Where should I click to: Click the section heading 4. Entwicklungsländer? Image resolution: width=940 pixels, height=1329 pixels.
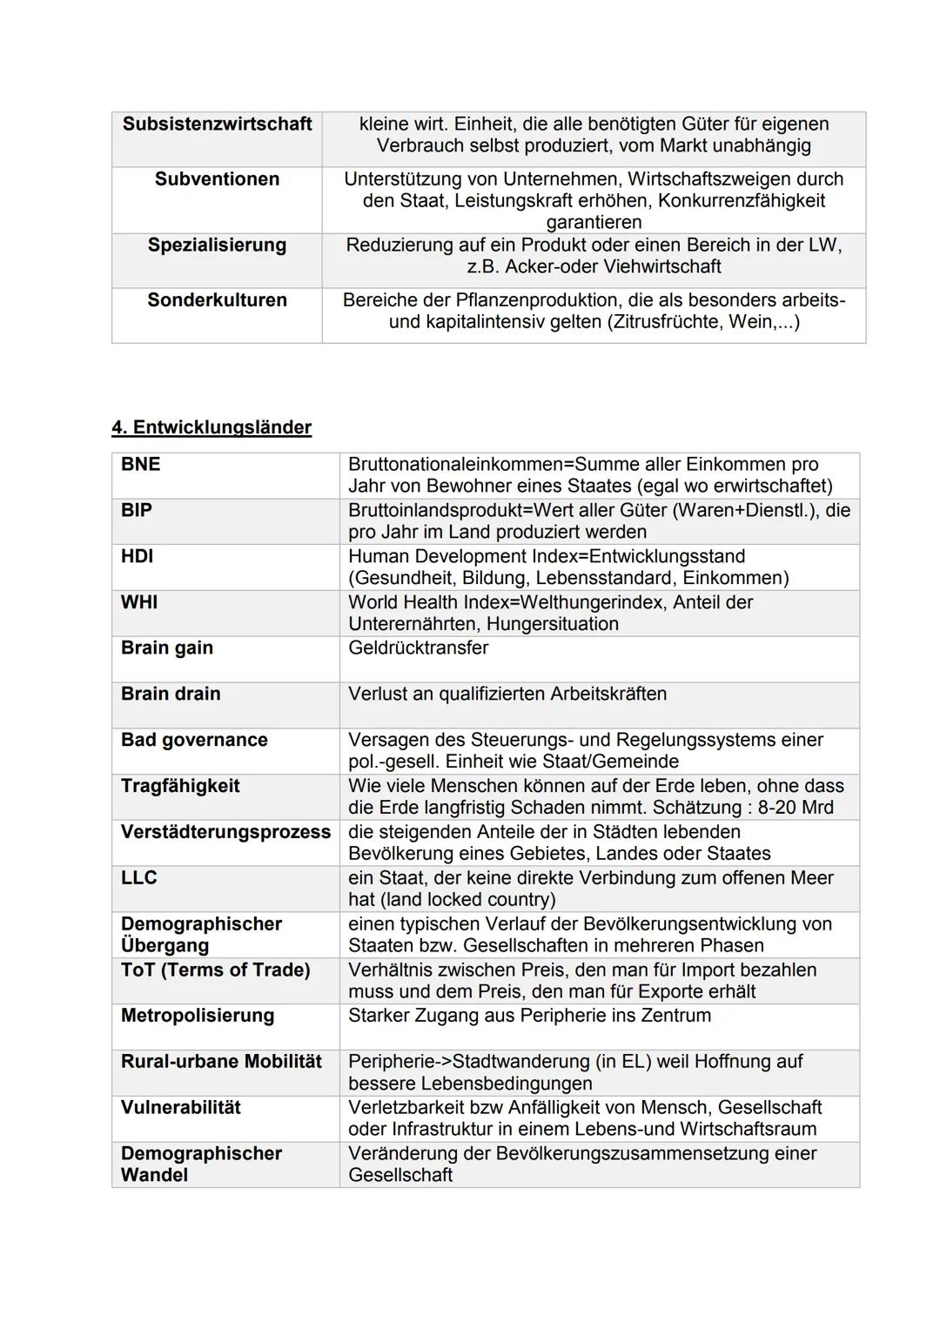point(211,427)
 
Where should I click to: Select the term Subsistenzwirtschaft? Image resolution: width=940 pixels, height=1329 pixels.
point(217,124)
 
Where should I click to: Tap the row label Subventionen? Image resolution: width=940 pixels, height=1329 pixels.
point(217,178)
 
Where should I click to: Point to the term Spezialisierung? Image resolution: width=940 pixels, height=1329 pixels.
point(217,245)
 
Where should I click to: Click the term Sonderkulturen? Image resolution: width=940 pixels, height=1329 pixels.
point(217,299)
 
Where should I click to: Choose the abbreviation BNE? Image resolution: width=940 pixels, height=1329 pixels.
point(141,464)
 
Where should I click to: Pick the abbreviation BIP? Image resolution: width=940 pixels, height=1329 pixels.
point(137,510)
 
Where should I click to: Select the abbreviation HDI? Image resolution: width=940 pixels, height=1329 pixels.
point(138,556)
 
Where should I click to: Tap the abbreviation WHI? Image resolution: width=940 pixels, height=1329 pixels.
point(139,602)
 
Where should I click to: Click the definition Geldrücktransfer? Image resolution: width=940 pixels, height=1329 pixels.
point(418,648)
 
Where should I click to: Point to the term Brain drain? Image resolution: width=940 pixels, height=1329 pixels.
point(171,694)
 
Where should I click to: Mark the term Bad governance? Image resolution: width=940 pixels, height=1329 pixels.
point(194,740)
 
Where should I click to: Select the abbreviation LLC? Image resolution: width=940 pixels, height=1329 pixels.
point(139,877)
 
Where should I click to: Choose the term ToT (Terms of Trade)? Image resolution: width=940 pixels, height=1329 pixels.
point(215,970)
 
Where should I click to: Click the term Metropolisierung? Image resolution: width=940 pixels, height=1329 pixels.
point(198,1015)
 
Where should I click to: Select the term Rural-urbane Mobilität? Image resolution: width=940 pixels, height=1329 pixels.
point(221,1061)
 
